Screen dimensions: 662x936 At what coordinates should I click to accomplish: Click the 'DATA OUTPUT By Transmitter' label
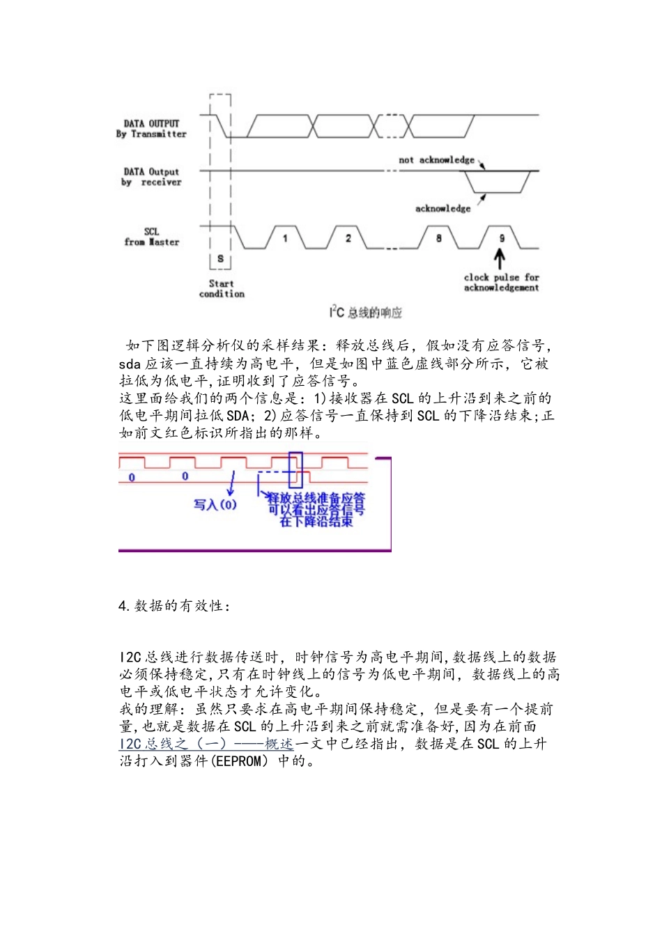[x=151, y=129]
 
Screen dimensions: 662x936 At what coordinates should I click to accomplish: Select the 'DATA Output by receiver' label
[x=151, y=177]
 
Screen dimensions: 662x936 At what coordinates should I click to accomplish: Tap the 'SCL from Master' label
[x=151, y=237]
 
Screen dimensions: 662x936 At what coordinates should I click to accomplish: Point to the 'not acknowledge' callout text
[x=436, y=160]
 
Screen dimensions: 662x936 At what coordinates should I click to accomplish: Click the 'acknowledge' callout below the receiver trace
[x=442, y=208]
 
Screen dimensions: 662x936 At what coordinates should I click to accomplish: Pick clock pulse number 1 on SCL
[x=285, y=238]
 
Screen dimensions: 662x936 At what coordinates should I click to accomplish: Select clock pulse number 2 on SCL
[x=348, y=238]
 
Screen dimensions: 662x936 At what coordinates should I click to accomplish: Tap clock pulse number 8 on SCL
[x=438, y=238]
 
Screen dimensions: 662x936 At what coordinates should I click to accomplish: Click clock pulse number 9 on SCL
[x=501, y=238]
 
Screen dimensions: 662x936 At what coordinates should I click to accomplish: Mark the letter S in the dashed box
[x=220, y=259]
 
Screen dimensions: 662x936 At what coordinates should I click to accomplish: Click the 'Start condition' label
[x=222, y=289]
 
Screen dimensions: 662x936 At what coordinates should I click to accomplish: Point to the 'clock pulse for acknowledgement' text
[x=501, y=282]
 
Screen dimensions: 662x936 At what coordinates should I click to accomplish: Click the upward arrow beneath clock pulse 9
[x=500, y=259]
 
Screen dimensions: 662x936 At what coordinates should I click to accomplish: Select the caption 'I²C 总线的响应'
[x=366, y=313]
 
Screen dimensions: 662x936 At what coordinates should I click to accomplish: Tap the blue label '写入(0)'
[x=215, y=504]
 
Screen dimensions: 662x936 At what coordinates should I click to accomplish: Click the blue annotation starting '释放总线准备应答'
[x=316, y=509]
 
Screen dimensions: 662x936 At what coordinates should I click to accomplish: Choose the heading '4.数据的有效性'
[x=174, y=606]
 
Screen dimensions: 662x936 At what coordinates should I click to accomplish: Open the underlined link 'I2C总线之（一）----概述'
[x=206, y=744]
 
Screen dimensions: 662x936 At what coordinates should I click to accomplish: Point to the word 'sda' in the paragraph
[x=130, y=364]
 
